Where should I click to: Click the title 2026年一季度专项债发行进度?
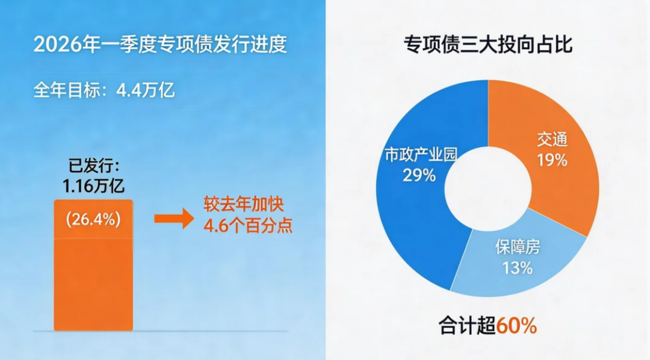pyautogui.click(x=160, y=45)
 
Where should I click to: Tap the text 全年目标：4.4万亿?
pyautogui.click(x=104, y=90)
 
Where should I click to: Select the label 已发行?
pyautogui.click(x=94, y=166)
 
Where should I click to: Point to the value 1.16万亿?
pyautogui.click(x=93, y=186)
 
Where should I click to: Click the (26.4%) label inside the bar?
pyautogui.click(x=93, y=219)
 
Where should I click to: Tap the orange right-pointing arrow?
pyautogui.click(x=174, y=218)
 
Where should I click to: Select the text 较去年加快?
pyautogui.click(x=244, y=205)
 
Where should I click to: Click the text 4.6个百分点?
pyautogui.click(x=248, y=226)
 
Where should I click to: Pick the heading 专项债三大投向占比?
pyautogui.click(x=488, y=45)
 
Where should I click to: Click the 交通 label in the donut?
pyautogui.click(x=552, y=140)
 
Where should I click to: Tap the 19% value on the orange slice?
pyautogui.click(x=552, y=160)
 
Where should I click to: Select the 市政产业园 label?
pyautogui.click(x=421, y=155)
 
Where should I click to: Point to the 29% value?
pyautogui.click(x=419, y=175)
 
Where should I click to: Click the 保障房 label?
pyautogui.click(x=518, y=247)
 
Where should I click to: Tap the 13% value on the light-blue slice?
pyautogui.click(x=518, y=268)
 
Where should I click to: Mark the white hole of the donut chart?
pyautogui.click(x=488, y=188)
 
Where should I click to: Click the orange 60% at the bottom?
pyautogui.click(x=516, y=326)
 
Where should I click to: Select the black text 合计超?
pyautogui.click(x=468, y=326)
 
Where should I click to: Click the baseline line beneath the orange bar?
pyautogui.click(x=161, y=331)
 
